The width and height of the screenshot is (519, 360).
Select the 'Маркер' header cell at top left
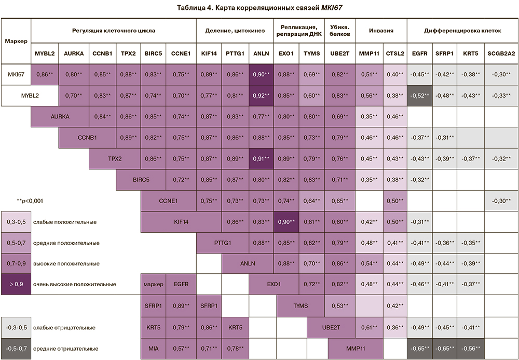pyautogui.click(x=16, y=41)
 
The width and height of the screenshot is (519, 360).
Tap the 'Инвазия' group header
pyautogui.click(x=380, y=31)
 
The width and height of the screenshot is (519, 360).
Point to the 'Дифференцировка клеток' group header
pyautogui.click(x=462, y=31)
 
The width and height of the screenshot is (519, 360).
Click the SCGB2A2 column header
pyautogui.click(x=501, y=54)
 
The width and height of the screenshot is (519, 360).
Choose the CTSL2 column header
pyautogui.click(x=394, y=54)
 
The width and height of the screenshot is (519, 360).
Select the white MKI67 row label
pyautogui.click(x=16, y=75)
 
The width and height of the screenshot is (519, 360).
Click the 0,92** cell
pyautogui.click(x=261, y=96)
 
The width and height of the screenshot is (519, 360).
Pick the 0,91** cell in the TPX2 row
pyautogui.click(x=261, y=158)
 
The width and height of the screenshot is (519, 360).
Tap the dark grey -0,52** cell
pyautogui.click(x=421, y=96)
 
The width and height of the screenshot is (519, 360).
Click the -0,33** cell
pyautogui.click(x=501, y=96)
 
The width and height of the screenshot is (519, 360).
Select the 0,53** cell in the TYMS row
pyautogui.click(x=340, y=305)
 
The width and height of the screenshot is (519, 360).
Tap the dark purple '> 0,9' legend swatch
pyautogui.click(x=16, y=284)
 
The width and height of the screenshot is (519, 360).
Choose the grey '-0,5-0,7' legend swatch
pyautogui.click(x=16, y=349)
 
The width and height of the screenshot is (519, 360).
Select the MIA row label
pyautogui.click(x=154, y=349)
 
